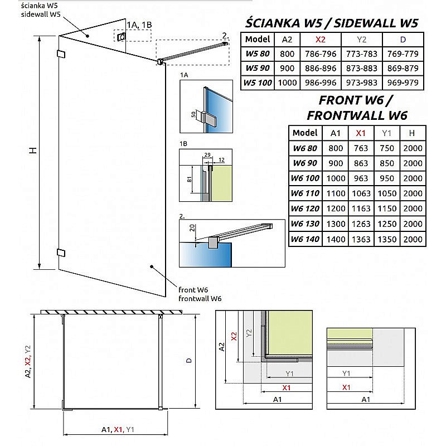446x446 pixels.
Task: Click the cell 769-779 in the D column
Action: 403,54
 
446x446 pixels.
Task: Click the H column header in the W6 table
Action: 411,133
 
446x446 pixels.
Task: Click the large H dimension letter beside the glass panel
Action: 33,150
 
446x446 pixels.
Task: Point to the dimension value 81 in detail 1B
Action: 190,179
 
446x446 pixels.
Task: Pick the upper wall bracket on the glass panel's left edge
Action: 61,54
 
